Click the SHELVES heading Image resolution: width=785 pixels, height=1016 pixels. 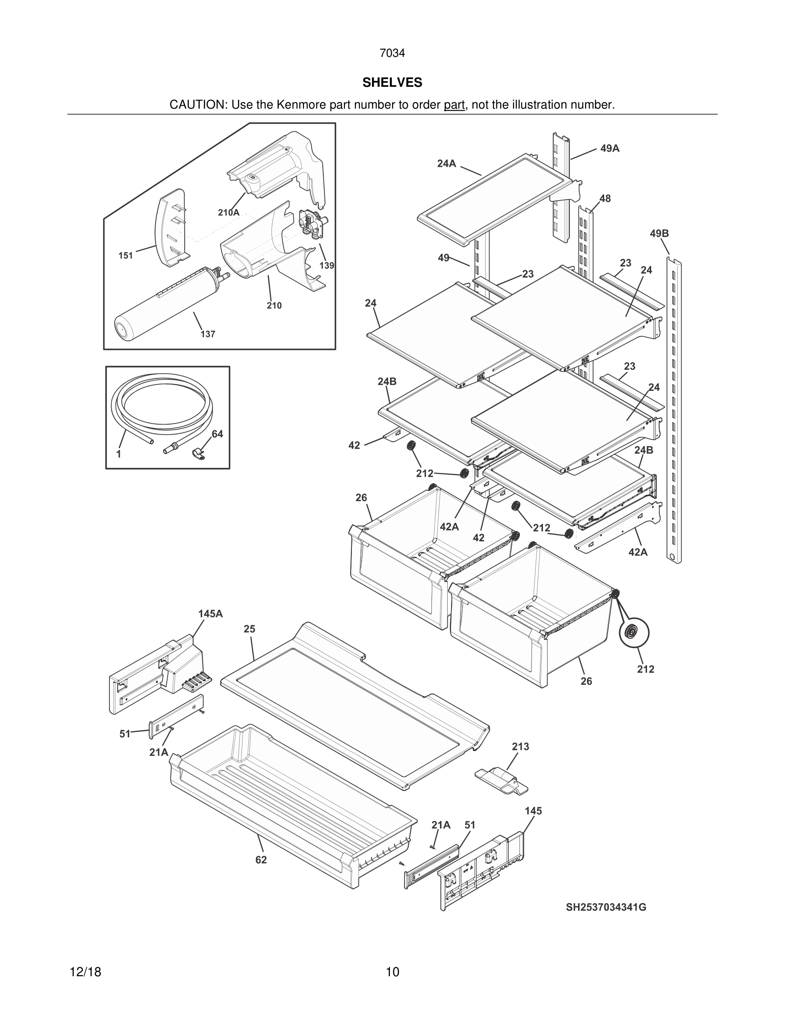tap(392, 83)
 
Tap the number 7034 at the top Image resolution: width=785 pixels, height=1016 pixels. tap(392, 53)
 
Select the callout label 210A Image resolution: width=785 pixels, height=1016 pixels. tap(228, 213)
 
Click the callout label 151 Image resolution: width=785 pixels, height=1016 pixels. tap(126, 255)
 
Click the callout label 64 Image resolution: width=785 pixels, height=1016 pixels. tap(217, 434)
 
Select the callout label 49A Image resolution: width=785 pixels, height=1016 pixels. tap(610, 148)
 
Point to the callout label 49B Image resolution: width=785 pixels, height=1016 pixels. tap(659, 233)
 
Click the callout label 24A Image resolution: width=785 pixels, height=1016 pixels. tap(446, 163)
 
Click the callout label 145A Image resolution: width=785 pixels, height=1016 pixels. tap(210, 614)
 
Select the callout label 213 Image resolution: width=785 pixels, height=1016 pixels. tap(520, 747)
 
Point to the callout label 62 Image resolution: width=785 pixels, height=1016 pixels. tap(261, 860)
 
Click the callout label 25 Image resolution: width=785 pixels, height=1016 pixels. tap(249, 629)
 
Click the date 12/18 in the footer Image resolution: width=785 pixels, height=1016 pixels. tap(85, 972)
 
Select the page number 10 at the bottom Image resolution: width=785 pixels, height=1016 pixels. tap(392, 972)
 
